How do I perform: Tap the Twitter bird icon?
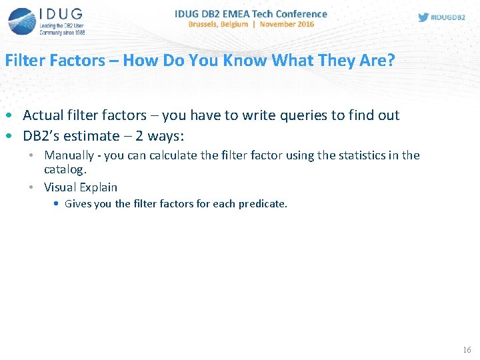423,17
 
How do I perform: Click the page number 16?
466,350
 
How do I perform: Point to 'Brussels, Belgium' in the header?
218,24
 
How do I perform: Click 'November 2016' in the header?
287,24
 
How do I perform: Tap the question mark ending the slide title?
391,61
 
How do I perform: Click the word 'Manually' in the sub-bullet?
69,155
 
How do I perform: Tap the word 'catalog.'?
65,169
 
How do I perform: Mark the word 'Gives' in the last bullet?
79,204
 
